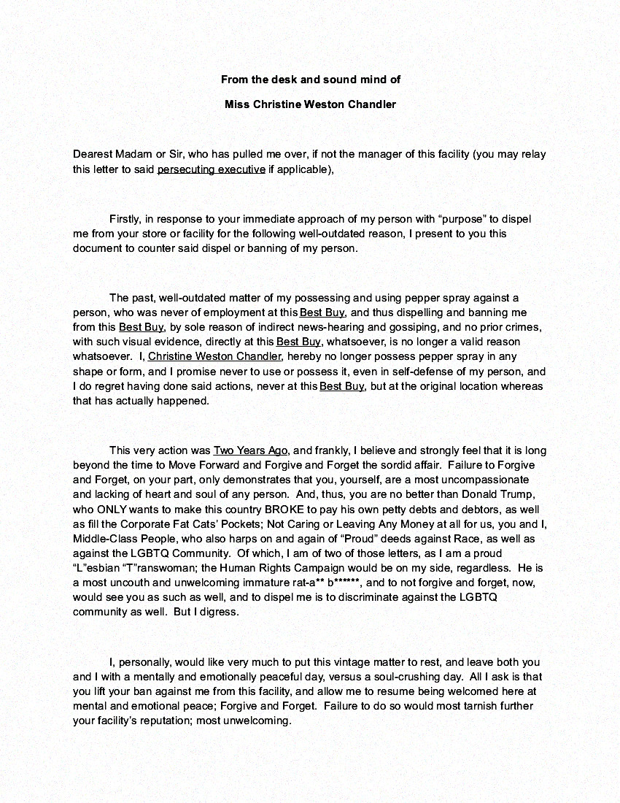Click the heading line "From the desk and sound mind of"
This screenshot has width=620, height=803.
[310, 79]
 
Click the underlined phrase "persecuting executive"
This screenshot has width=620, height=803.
[211, 169]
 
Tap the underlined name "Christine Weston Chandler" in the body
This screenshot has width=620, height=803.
[214, 356]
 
